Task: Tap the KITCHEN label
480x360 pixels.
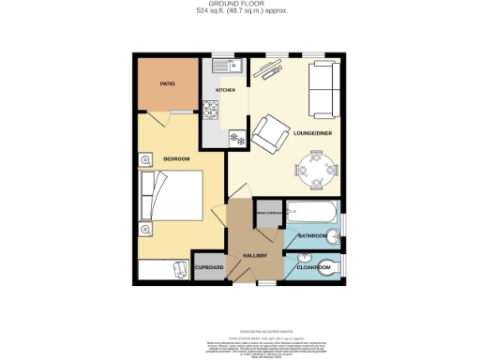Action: (x=226, y=90)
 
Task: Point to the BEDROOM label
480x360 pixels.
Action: (x=177, y=159)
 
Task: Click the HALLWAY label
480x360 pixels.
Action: (x=256, y=255)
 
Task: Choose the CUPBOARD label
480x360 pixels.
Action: (x=209, y=267)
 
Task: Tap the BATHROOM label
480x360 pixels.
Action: (x=312, y=235)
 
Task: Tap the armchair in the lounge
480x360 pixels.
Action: (x=272, y=134)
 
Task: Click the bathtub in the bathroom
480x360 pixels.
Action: (x=311, y=215)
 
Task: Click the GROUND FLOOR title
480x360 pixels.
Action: (x=241, y=5)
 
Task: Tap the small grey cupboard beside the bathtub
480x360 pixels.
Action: (x=268, y=216)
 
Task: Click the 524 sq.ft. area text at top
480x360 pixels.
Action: (x=240, y=12)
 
